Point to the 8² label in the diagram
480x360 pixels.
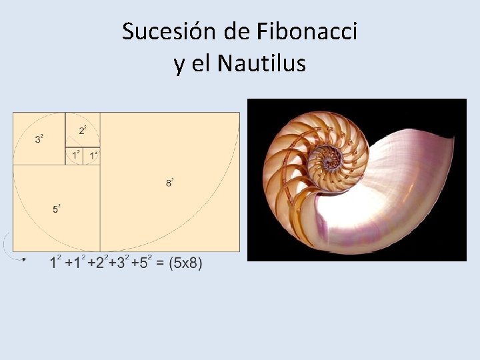170,181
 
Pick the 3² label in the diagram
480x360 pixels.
39,139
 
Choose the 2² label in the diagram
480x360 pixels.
83,130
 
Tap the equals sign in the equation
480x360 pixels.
160,263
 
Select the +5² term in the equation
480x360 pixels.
141,263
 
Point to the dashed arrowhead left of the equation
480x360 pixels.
24,259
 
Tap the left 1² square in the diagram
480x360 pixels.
75,156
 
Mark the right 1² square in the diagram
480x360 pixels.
93,156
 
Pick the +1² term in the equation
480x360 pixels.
75,263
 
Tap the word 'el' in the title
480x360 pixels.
201,64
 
